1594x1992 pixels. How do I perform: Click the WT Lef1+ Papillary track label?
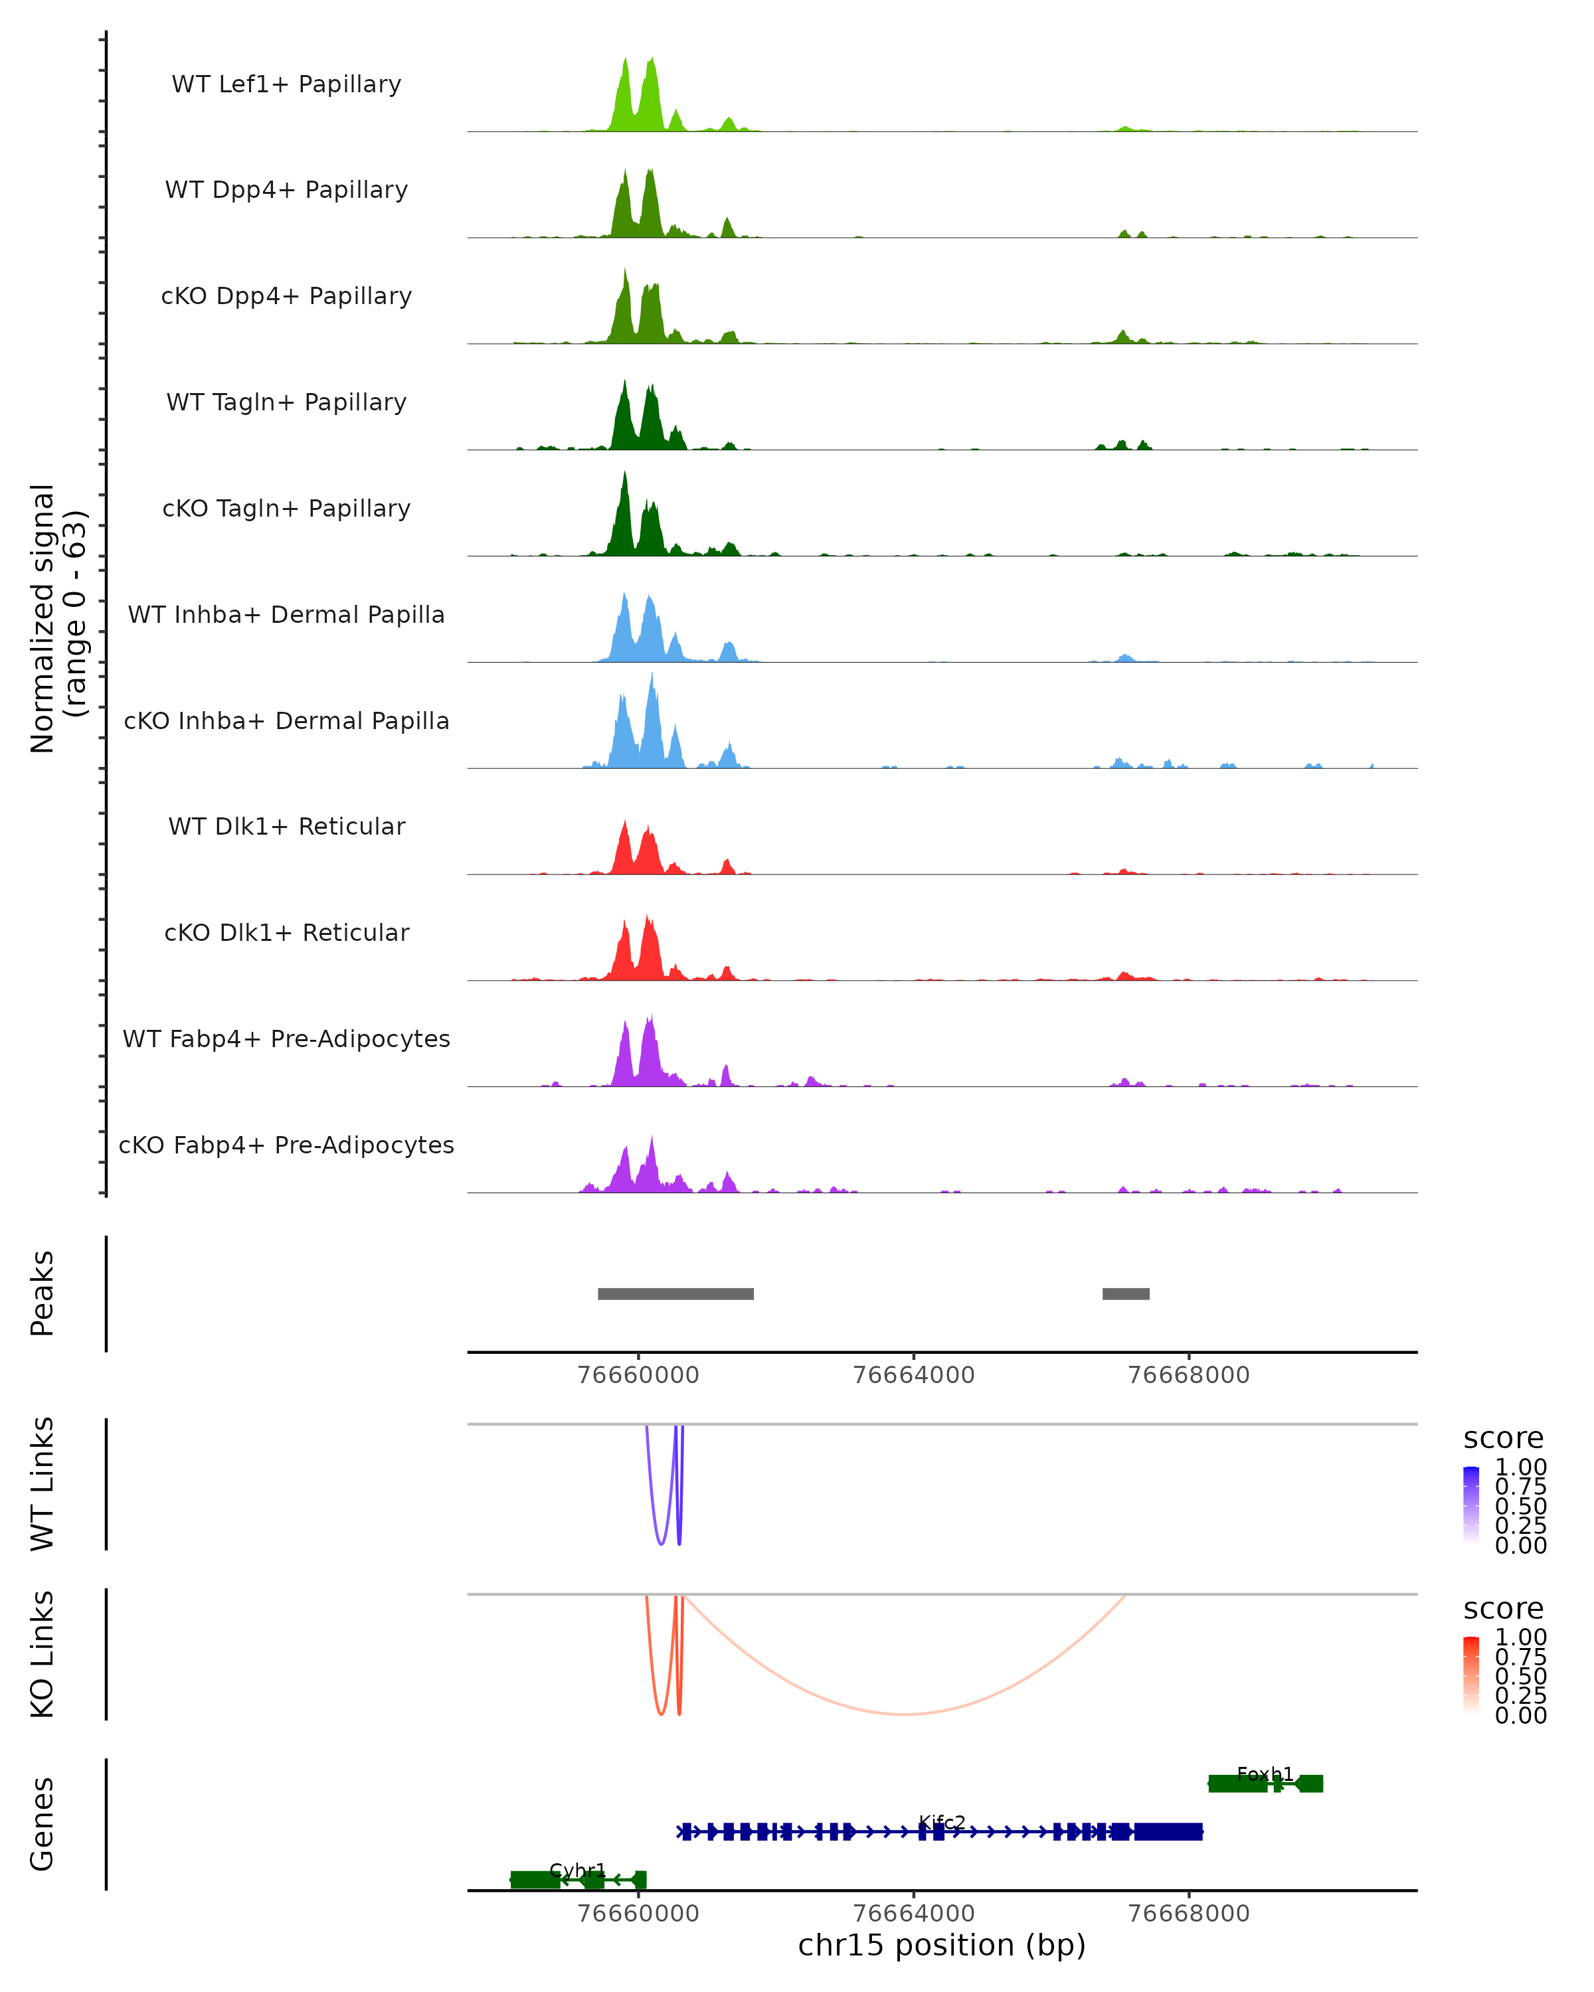point(286,84)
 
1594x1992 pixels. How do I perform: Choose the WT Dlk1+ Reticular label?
point(286,827)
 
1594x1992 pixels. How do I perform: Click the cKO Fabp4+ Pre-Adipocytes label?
point(286,1145)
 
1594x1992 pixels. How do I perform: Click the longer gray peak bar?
point(675,1293)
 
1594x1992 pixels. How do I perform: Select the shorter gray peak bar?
point(1126,1293)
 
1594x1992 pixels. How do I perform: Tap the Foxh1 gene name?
point(1264,1774)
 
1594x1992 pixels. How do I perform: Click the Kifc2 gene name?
point(942,1822)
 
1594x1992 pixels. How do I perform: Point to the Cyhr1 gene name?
point(578,1870)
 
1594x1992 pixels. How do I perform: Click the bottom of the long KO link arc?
point(904,1714)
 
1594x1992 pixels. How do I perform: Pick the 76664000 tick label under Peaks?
point(913,1375)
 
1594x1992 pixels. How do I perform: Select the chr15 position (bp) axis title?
point(942,1945)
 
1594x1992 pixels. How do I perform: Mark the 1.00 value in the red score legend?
point(1521,1637)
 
